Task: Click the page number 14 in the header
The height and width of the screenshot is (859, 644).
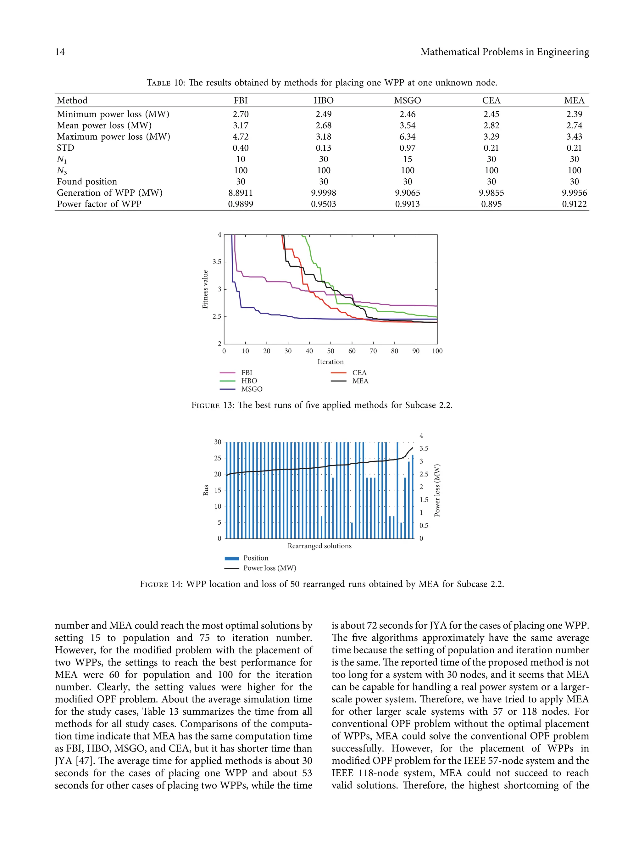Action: click(60, 52)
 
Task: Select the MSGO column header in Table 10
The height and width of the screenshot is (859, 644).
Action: click(407, 101)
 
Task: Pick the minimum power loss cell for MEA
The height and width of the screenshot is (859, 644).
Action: click(574, 114)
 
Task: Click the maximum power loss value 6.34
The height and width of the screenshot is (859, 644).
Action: click(407, 137)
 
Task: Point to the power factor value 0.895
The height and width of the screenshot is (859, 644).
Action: click(491, 204)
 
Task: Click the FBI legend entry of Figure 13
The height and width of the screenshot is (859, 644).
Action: click(247, 373)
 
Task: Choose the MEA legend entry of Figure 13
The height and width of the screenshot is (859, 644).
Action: click(360, 381)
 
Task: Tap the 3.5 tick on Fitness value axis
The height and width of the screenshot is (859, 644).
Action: click(217, 262)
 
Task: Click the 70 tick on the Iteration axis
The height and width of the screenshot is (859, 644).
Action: click(373, 351)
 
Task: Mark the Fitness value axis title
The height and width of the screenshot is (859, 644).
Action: click(205, 289)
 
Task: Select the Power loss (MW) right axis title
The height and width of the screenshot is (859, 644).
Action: click(437, 490)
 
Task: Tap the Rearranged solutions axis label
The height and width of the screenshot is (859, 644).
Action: click(319, 546)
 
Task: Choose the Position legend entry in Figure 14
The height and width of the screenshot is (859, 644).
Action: click(255, 558)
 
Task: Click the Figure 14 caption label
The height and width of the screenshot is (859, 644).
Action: click(161, 584)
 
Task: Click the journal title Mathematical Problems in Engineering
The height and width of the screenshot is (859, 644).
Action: click(504, 52)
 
